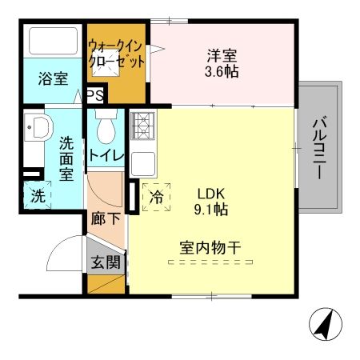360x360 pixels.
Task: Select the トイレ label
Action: [x=106, y=155]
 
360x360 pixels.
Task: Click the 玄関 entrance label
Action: [x=105, y=261]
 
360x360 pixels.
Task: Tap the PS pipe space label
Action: [x=94, y=95]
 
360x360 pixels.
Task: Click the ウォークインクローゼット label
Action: [x=117, y=53]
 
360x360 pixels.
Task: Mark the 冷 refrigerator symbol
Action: [x=157, y=194]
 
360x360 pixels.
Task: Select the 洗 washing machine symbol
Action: [x=37, y=194]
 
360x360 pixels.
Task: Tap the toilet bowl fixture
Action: [x=105, y=129]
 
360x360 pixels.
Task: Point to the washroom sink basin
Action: [x=38, y=127]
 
